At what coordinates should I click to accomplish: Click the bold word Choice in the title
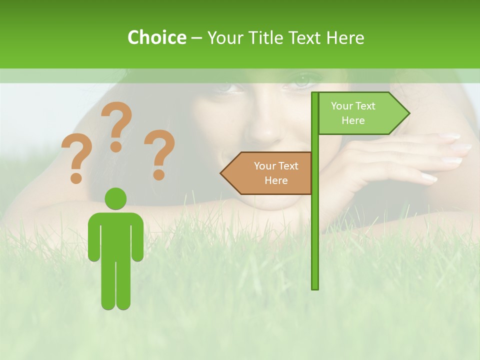click(156, 37)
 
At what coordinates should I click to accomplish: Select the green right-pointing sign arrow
click(362, 113)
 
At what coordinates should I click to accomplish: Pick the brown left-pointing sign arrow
click(267, 173)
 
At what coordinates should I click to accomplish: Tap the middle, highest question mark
click(116, 125)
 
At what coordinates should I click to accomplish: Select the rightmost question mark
click(159, 153)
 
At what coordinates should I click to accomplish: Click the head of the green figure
click(115, 198)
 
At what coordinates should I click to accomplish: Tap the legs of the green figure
click(115, 285)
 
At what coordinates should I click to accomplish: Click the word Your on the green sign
click(342, 106)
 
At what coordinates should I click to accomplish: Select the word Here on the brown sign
click(276, 180)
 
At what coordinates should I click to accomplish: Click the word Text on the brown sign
click(288, 166)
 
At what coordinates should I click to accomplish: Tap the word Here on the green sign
click(353, 120)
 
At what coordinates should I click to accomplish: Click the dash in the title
click(196, 38)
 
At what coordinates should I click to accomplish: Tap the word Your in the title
click(223, 37)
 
